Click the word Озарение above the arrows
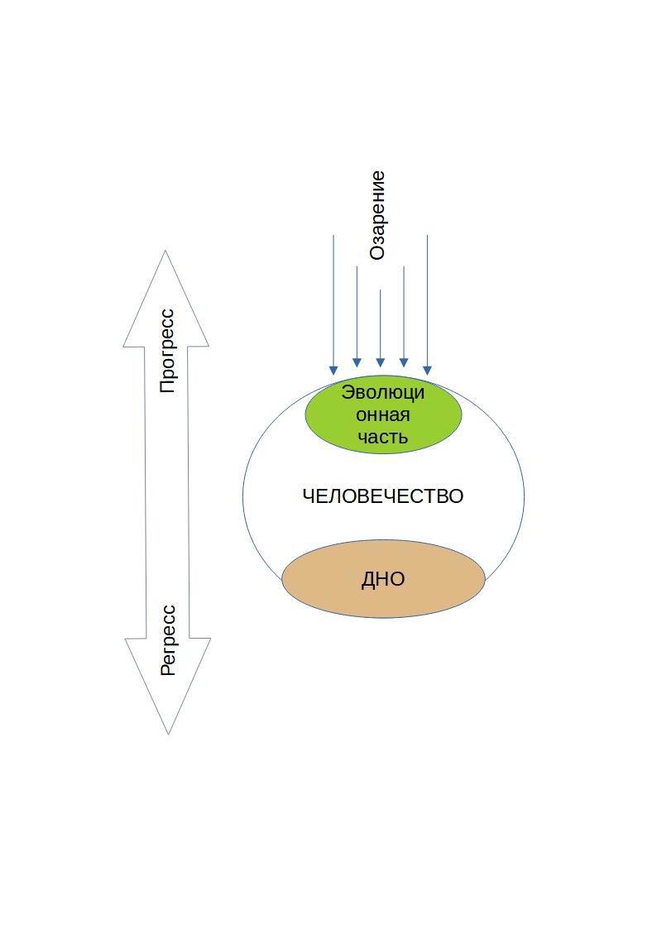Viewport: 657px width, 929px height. click(377, 215)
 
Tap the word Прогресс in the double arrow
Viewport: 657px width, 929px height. click(167, 350)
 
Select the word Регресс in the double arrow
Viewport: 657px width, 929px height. click(168, 639)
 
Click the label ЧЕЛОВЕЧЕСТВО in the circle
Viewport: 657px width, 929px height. click(382, 496)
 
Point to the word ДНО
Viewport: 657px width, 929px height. click(383, 579)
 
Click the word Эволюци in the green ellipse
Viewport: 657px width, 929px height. click(383, 392)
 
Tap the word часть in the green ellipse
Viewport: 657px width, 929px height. click(383, 437)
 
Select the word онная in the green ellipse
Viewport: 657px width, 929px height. click(383, 414)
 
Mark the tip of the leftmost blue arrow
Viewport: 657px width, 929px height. click(333, 371)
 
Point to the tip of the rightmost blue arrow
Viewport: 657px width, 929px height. click(427, 371)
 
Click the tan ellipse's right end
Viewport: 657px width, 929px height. click(483, 579)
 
